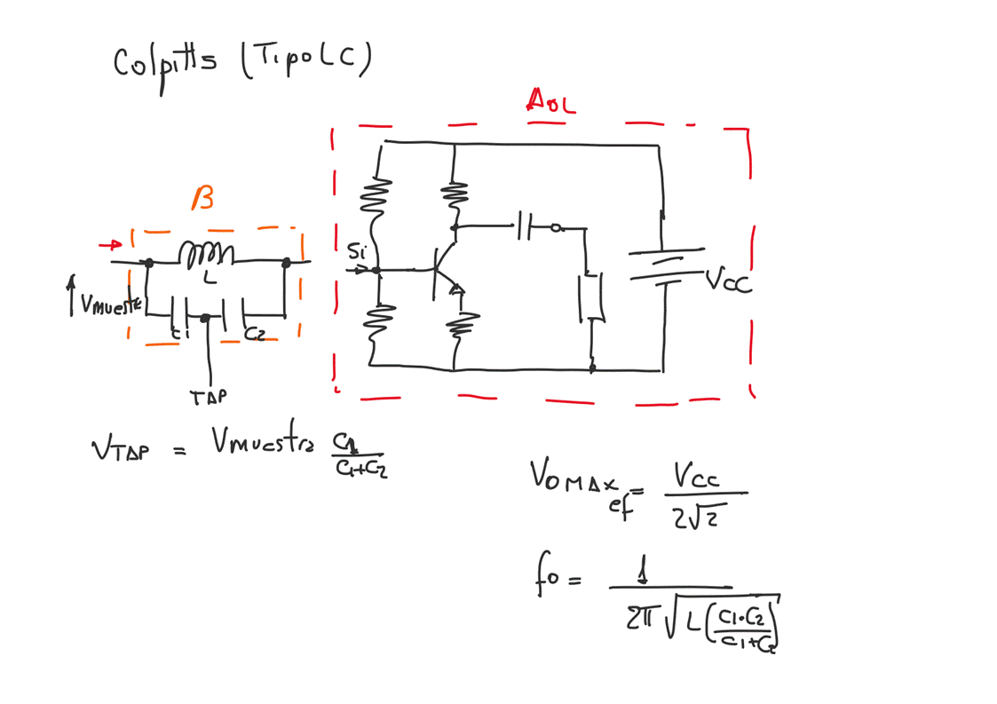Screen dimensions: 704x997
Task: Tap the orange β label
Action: (202, 199)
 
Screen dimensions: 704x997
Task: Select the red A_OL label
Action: (550, 100)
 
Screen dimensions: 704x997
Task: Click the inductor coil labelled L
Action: (206, 256)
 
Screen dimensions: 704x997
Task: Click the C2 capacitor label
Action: (254, 335)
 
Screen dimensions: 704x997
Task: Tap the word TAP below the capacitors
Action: (208, 397)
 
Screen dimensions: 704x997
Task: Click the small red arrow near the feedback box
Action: (111, 244)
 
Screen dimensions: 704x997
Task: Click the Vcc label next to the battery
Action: (728, 281)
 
